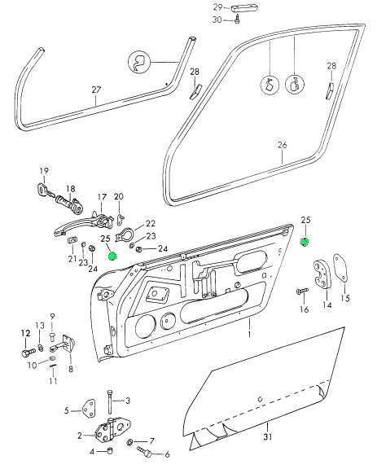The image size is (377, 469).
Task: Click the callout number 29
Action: coord(217,7)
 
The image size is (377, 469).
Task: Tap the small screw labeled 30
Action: coord(237,20)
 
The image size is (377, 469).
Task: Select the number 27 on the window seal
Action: coord(96,90)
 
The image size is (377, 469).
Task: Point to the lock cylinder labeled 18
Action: coord(70,204)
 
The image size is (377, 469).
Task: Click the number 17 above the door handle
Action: coord(102,197)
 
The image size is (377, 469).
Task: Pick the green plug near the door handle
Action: coord(113,256)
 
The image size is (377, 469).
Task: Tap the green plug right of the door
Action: coord(305,242)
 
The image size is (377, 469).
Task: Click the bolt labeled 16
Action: coord(302,291)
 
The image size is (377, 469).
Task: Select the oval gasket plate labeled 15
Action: coord(341,268)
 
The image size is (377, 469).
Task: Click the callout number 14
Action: coord(327,305)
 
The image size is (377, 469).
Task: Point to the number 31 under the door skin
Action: coord(268,436)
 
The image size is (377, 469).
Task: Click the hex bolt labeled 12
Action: coord(28,352)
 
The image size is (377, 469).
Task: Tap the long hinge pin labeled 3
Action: coord(110,401)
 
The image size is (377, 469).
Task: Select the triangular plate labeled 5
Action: coord(88,409)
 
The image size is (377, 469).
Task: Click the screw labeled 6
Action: coord(144,451)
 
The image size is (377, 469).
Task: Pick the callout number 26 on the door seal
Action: coord(283,145)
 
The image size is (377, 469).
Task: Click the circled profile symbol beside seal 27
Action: coord(139,63)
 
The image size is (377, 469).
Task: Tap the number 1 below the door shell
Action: coord(249,334)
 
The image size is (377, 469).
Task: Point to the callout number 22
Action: coord(151,223)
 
